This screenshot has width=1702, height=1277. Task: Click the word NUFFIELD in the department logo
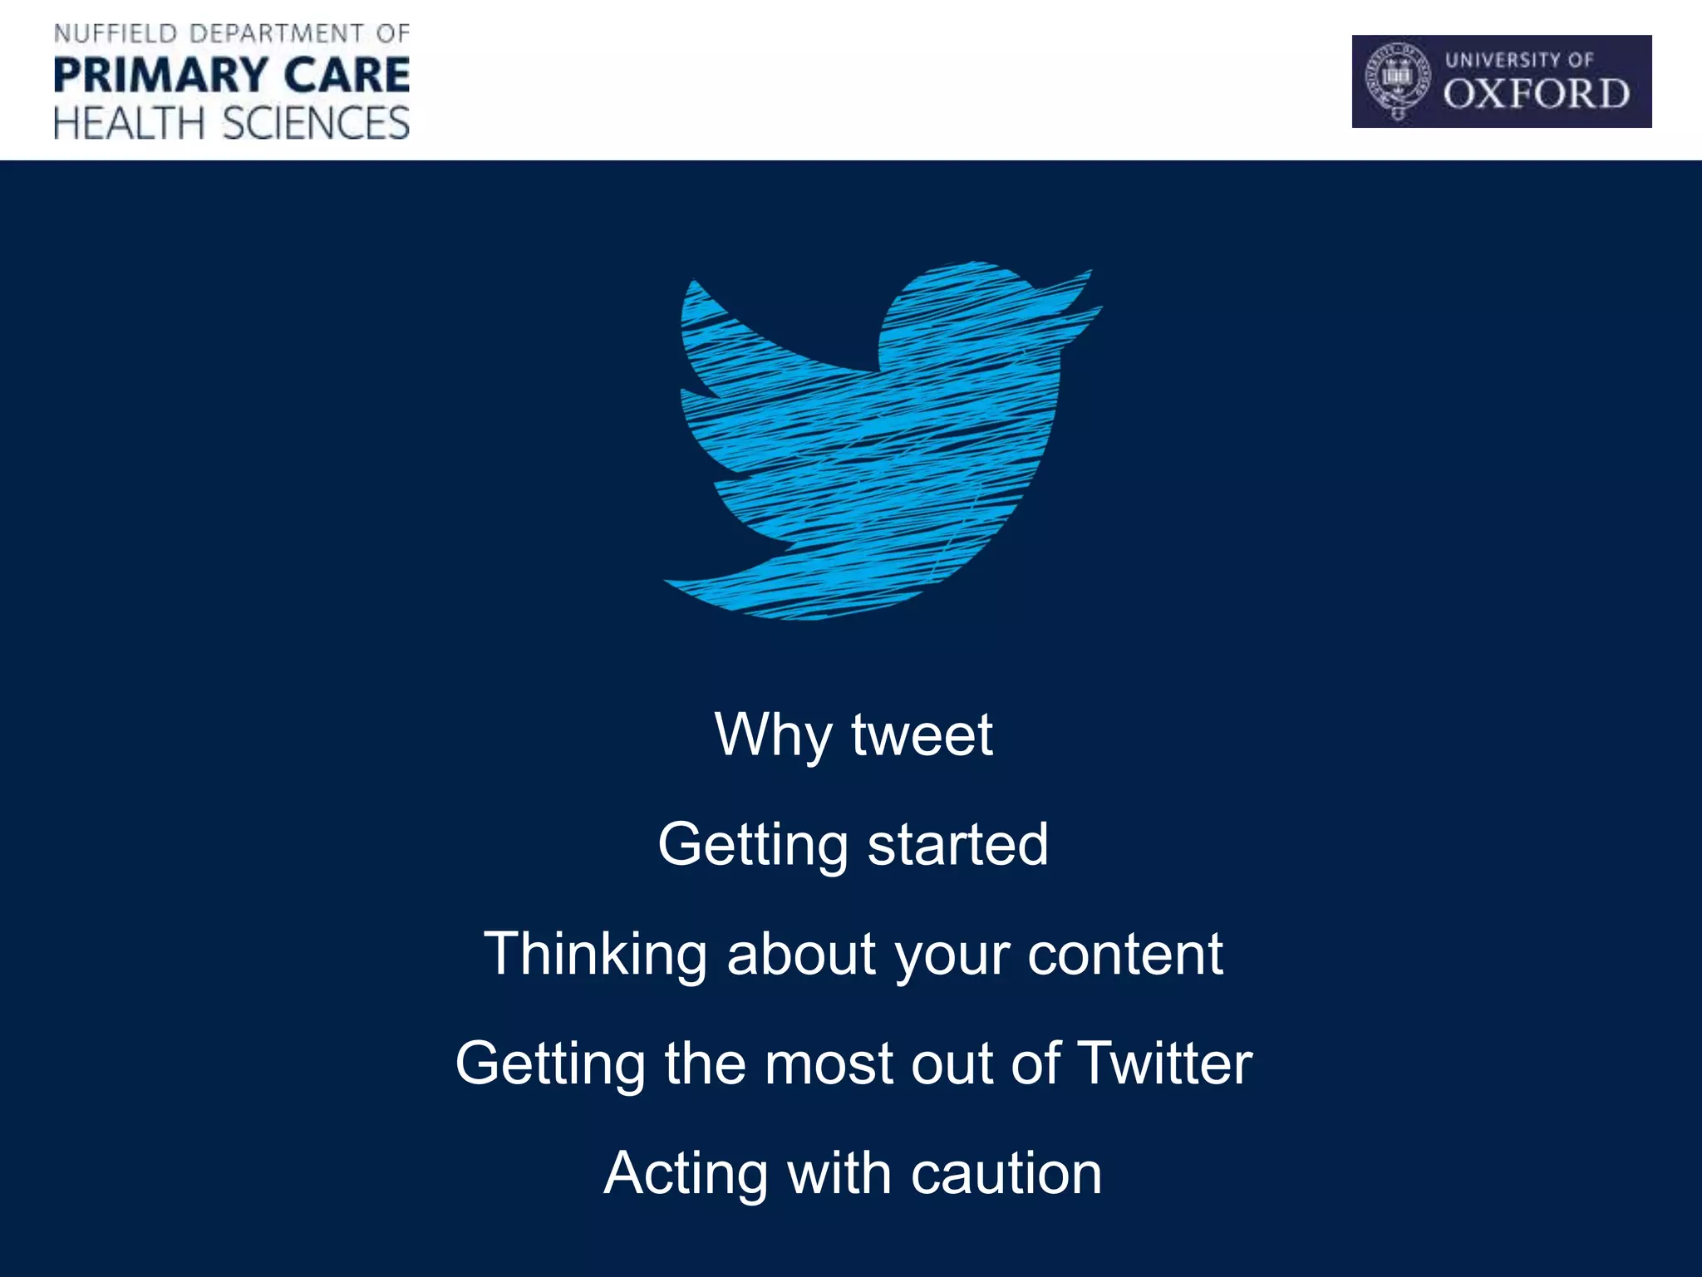pyautogui.click(x=116, y=34)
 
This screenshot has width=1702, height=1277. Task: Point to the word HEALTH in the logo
pyautogui.click(x=129, y=123)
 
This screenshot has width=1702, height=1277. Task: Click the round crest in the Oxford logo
pyautogui.click(x=1398, y=80)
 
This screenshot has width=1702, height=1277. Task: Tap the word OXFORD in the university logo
pyautogui.click(x=1536, y=94)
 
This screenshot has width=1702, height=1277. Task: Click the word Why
pyautogui.click(x=773, y=735)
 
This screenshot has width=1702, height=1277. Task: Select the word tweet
pyautogui.click(x=922, y=735)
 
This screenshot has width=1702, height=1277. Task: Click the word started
pyautogui.click(x=957, y=844)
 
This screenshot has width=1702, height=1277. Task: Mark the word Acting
pyautogui.click(x=686, y=1173)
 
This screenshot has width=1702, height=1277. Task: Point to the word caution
pyautogui.click(x=1006, y=1173)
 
